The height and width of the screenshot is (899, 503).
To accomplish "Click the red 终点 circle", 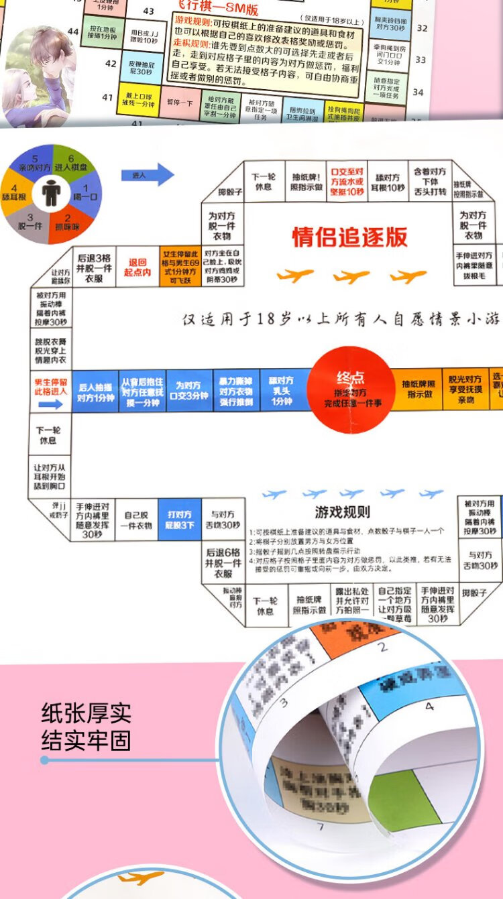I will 350,388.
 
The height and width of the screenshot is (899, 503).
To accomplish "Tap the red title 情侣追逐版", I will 349,237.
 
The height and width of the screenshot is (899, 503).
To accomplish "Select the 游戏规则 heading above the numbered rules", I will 342,513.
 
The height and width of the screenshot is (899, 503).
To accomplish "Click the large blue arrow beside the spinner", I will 148,175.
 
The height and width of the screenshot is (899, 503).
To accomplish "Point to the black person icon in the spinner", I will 50,193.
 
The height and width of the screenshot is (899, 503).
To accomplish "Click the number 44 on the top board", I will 73,32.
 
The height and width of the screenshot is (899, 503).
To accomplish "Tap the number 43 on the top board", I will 148,11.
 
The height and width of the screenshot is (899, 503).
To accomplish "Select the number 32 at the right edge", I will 421,27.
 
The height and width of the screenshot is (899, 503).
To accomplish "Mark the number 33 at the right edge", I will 421,60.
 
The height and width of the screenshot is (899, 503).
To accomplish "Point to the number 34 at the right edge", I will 418,92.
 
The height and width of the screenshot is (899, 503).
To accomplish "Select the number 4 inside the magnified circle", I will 430,706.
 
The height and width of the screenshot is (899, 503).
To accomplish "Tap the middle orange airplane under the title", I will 351,276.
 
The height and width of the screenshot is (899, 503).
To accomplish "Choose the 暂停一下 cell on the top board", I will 180,103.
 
